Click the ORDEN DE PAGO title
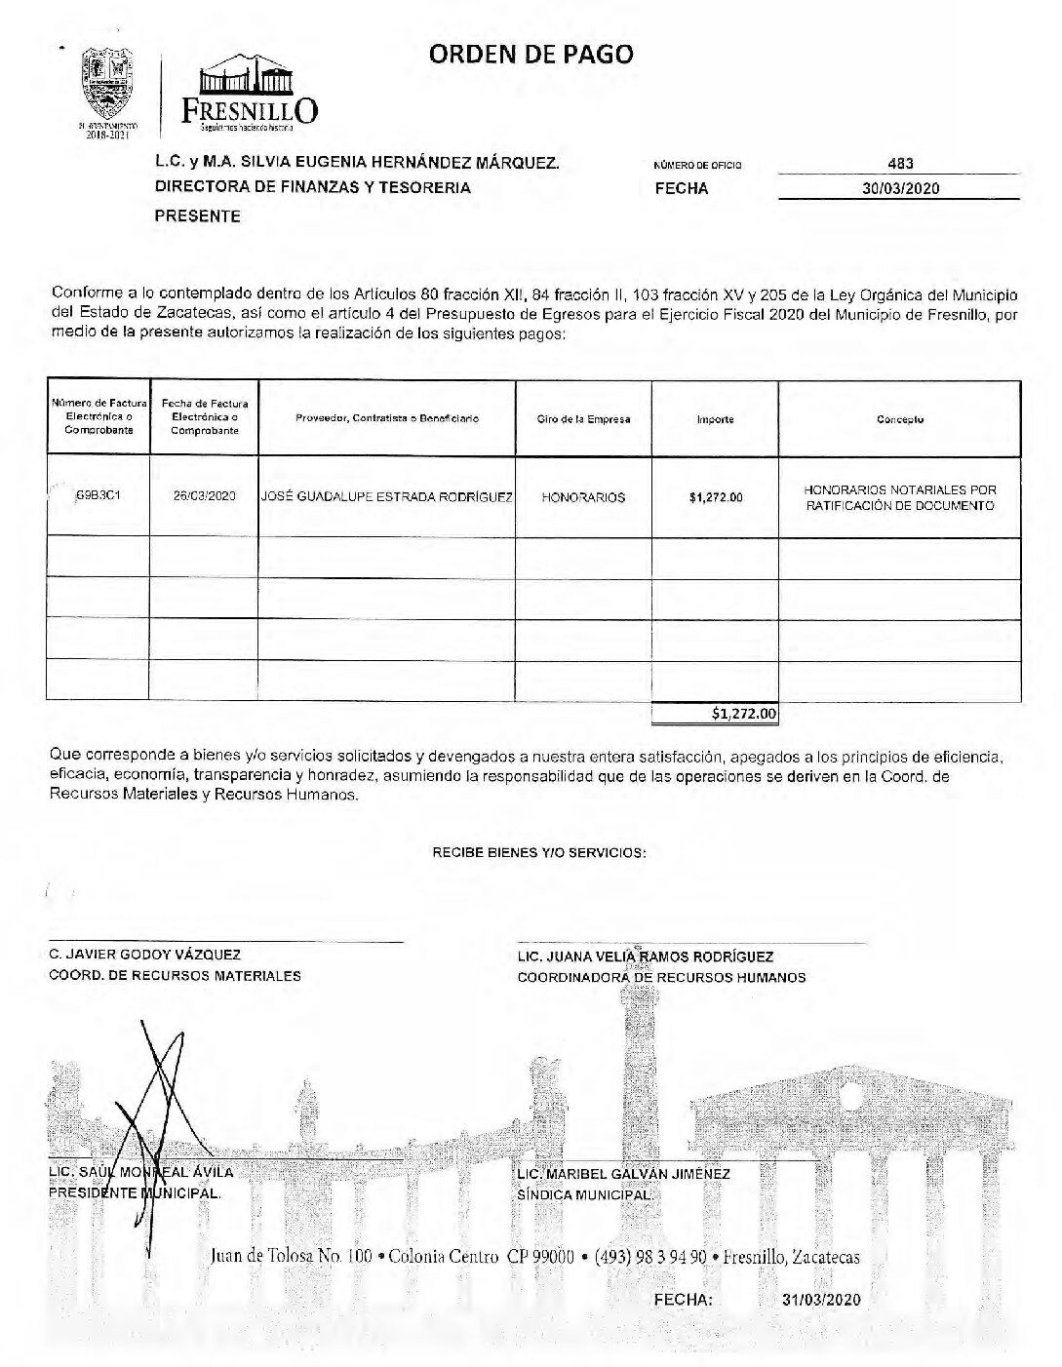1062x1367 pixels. click(x=531, y=55)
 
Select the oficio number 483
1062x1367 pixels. click(x=900, y=164)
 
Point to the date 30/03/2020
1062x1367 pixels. click(x=900, y=188)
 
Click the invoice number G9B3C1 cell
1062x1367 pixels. click(x=98, y=495)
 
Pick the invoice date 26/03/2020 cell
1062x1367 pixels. click(x=204, y=496)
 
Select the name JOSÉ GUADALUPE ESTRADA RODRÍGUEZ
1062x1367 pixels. click(x=386, y=496)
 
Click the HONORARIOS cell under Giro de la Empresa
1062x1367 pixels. click(x=583, y=497)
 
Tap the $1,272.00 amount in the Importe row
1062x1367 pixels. click(x=715, y=497)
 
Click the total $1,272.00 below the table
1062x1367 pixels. click(x=744, y=714)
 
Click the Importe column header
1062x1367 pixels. click(x=715, y=419)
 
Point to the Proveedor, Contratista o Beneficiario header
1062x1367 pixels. click(x=386, y=418)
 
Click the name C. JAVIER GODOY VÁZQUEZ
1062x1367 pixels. click(x=144, y=956)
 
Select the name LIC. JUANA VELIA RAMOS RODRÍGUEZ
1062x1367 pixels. click(x=645, y=957)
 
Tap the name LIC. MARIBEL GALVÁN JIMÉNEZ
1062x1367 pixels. click(x=623, y=1174)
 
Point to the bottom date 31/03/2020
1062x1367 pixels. click(x=821, y=1300)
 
